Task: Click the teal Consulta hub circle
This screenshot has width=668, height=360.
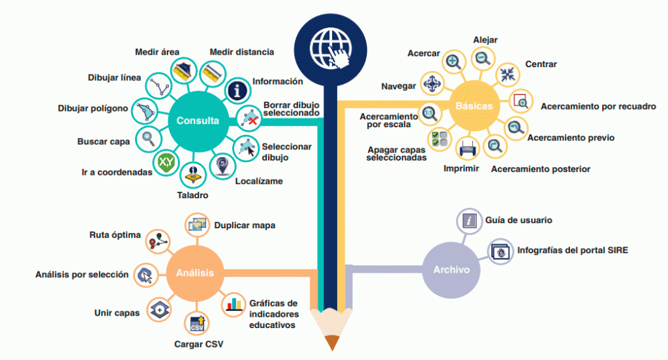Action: pos(198,121)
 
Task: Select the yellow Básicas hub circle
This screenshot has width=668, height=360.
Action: pos(474,106)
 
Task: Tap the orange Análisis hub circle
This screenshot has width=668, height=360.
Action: pos(194,273)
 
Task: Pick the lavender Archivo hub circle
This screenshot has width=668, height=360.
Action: pos(451,270)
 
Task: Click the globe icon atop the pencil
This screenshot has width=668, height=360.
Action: pos(331,48)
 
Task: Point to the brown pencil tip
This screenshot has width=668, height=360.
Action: pos(332,343)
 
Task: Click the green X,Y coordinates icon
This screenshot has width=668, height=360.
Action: pos(166,162)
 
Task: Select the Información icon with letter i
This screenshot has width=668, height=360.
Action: pos(237,90)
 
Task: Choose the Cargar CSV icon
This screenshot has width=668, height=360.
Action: pos(197,323)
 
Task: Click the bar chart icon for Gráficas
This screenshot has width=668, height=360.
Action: pos(234,305)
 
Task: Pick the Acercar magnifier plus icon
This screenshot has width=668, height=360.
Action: pos(453,62)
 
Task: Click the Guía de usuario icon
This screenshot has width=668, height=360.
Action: pos(469,220)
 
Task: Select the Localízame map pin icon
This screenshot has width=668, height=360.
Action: pos(222,166)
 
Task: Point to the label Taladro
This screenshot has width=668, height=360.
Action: pos(192,195)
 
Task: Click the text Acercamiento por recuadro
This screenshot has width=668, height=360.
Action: pos(598,106)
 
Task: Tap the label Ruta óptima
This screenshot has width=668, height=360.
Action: pos(115,235)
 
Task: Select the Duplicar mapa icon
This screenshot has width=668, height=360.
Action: pos(197,224)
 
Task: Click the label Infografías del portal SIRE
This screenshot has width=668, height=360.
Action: pos(573,250)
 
